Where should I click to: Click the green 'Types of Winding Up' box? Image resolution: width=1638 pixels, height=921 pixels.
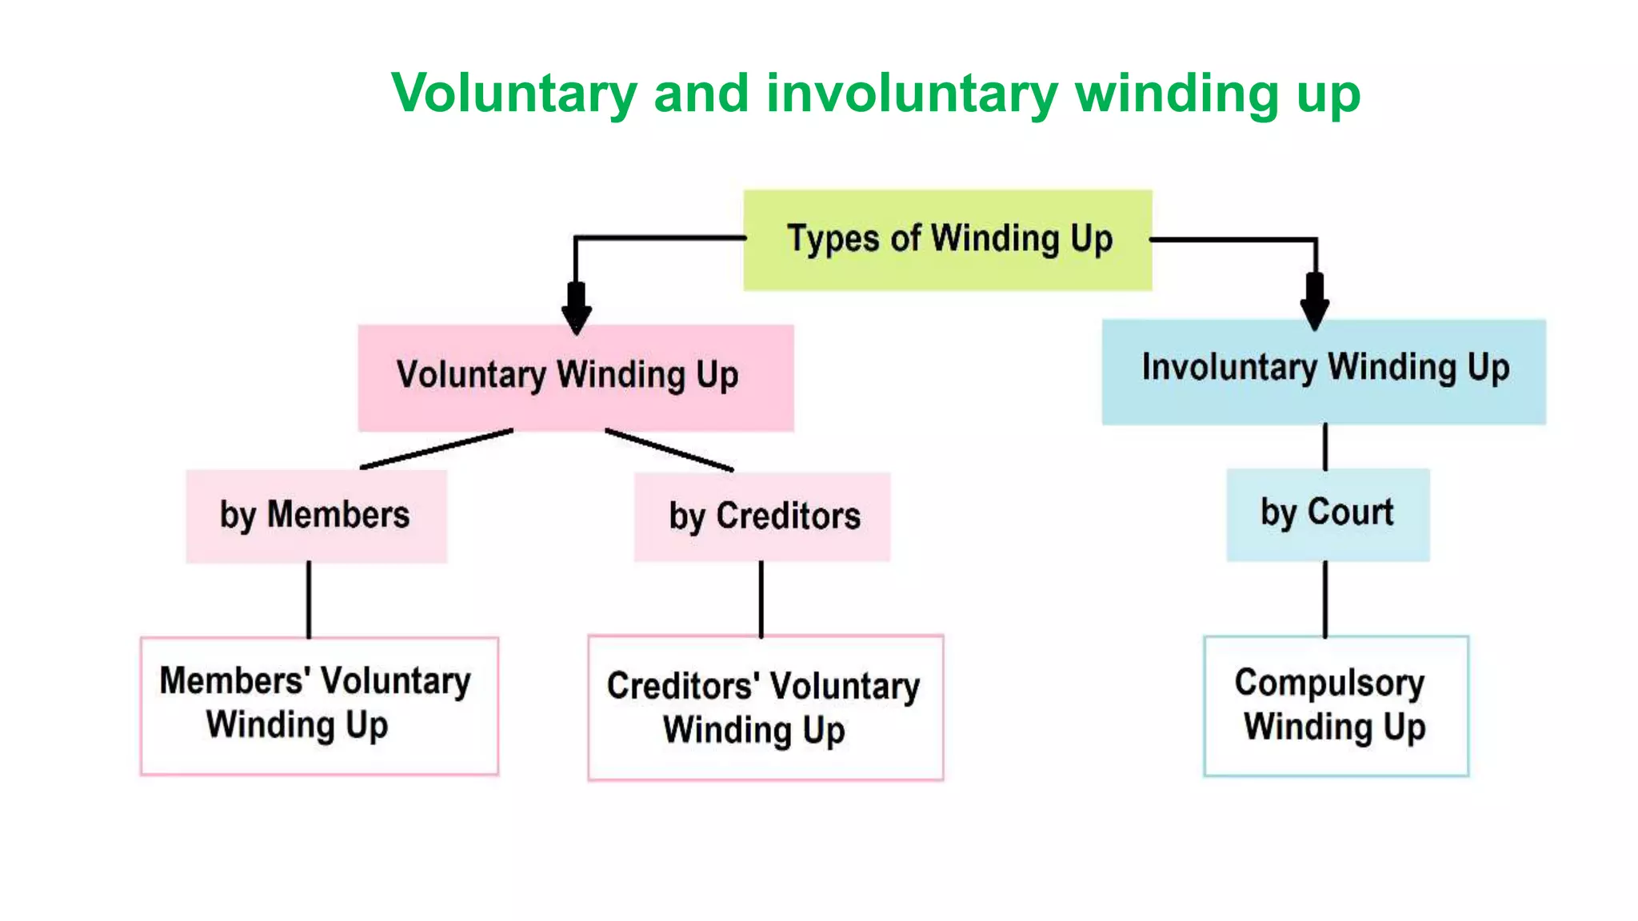(x=948, y=240)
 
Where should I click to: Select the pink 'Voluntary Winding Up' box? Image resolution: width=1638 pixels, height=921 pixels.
(x=575, y=377)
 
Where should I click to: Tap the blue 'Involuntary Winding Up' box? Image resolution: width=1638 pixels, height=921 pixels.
(x=1324, y=372)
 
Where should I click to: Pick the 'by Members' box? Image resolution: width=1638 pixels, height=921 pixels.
(x=316, y=516)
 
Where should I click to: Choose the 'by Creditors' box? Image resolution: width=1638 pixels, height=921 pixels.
(x=762, y=516)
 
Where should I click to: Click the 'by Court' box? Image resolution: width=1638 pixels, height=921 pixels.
(x=1328, y=514)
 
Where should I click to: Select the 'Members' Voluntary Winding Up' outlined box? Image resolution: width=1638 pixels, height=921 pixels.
(x=319, y=705)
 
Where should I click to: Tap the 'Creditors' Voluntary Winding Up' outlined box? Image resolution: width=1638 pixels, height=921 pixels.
(x=765, y=708)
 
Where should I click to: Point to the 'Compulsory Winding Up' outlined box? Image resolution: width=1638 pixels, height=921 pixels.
(x=1336, y=705)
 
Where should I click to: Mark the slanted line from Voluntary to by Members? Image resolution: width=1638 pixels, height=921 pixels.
(x=437, y=449)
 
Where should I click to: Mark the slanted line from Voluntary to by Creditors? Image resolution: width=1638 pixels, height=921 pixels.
(x=669, y=450)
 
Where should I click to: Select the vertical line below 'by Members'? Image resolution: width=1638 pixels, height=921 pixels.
(x=309, y=600)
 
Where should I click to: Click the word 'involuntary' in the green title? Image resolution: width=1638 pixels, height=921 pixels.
(x=912, y=94)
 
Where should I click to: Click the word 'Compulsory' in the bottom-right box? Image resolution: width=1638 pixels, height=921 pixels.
(x=1329, y=684)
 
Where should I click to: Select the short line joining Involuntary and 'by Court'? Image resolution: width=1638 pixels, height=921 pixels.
(x=1325, y=447)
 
